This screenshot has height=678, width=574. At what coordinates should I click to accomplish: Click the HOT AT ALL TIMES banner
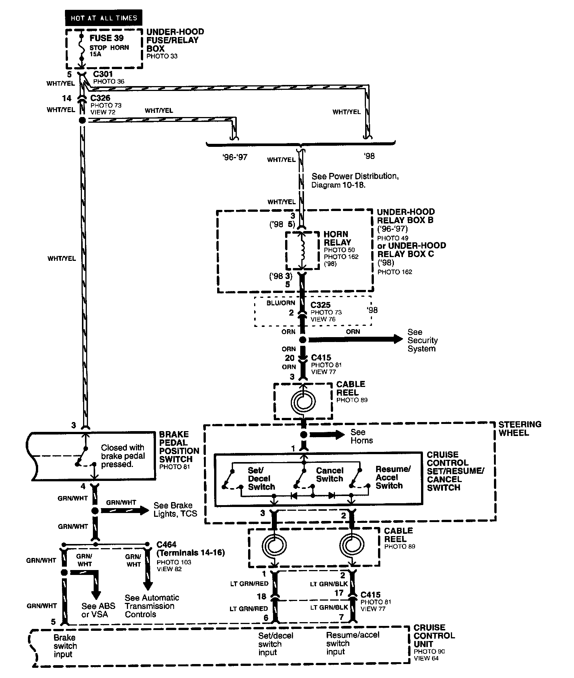point(103,18)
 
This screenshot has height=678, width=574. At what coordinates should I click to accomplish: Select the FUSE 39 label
point(106,38)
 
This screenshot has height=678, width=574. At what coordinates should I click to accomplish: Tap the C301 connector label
point(103,74)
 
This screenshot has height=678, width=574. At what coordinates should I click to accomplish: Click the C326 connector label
point(100,98)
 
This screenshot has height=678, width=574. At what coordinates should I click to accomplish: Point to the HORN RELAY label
point(337,238)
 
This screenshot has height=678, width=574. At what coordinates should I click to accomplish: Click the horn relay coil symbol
point(302,250)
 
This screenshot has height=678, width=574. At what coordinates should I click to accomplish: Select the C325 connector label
point(320,305)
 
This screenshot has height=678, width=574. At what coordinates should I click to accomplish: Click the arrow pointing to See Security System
point(355,339)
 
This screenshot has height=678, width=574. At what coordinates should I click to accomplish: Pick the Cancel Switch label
point(330,475)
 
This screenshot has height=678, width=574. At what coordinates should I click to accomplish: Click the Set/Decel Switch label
point(261,478)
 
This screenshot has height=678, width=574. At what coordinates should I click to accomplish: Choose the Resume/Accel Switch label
point(392,477)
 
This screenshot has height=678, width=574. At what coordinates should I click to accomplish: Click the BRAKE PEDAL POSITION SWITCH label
point(179,447)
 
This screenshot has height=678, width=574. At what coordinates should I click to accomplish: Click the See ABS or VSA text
point(98,610)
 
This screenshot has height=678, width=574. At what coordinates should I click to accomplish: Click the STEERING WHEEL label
point(520,428)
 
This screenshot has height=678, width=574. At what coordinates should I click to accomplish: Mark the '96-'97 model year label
point(235,157)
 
